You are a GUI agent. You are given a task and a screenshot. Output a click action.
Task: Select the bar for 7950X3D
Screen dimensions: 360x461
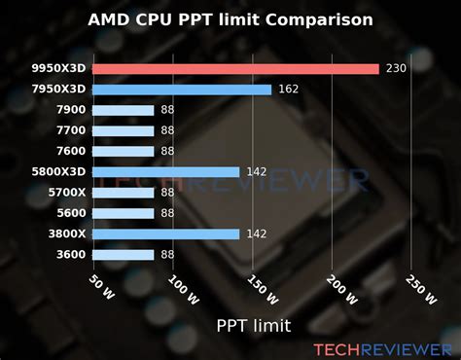(183, 90)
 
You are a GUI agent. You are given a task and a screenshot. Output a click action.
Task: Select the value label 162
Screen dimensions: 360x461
(287, 90)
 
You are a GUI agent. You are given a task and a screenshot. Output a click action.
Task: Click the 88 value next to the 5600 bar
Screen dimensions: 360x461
(167, 213)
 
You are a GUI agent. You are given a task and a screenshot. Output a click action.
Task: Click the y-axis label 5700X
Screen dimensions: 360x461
(65, 193)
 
